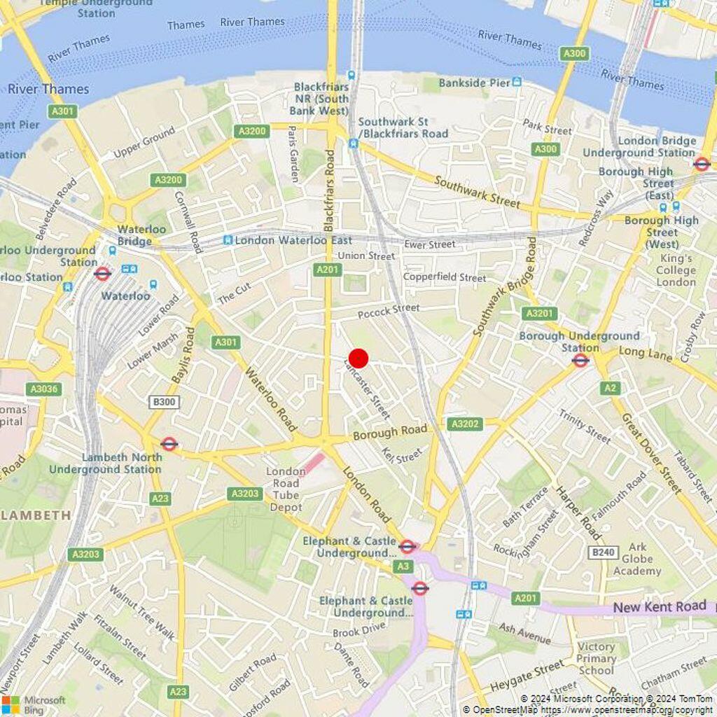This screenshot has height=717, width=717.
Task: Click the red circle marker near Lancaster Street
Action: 358,358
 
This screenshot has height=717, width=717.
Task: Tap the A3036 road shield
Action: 43,389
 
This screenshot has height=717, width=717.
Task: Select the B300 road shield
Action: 165,402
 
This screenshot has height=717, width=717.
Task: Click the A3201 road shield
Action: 540,314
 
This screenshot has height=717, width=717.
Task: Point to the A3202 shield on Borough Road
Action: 465,424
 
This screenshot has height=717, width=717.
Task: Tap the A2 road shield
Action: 610,388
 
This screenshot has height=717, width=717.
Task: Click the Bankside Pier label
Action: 474,83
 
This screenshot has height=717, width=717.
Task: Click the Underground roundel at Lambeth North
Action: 169,443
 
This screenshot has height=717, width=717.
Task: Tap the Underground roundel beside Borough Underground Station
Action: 580,361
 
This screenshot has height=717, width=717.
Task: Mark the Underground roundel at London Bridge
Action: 702,164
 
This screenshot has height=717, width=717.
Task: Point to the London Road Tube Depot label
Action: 285,483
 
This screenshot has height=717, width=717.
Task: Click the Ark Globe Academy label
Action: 637,559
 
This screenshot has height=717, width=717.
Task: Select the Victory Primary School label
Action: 596,658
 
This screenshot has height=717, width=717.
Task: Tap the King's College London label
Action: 676,270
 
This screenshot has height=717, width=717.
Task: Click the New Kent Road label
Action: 660,606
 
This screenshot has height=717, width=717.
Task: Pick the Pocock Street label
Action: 389,309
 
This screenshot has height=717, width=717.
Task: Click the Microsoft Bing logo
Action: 34,704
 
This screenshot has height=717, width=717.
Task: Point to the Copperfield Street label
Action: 444,277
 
